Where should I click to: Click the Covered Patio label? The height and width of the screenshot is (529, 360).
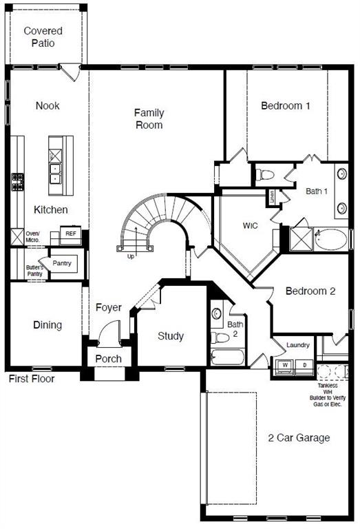point(43,37)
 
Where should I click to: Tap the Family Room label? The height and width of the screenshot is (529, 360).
point(149,118)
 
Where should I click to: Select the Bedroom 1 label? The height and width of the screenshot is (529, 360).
point(286,106)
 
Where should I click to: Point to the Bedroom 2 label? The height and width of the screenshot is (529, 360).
point(310,291)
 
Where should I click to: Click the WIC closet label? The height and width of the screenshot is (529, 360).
point(250,226)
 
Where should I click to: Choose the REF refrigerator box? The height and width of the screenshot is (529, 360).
point(71,234)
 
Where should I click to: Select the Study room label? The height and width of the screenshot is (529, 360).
point(171,336)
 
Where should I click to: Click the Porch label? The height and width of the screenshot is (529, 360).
point(108,359)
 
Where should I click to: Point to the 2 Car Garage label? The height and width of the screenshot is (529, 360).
point(299,437)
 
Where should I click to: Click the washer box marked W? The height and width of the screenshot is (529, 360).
point(284,364)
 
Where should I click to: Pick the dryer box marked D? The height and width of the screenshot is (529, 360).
point(304,364)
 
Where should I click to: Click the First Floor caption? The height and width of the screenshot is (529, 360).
point(32,378)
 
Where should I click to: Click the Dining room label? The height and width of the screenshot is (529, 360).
point(47,325)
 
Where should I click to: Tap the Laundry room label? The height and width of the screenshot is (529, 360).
point(297,345)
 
